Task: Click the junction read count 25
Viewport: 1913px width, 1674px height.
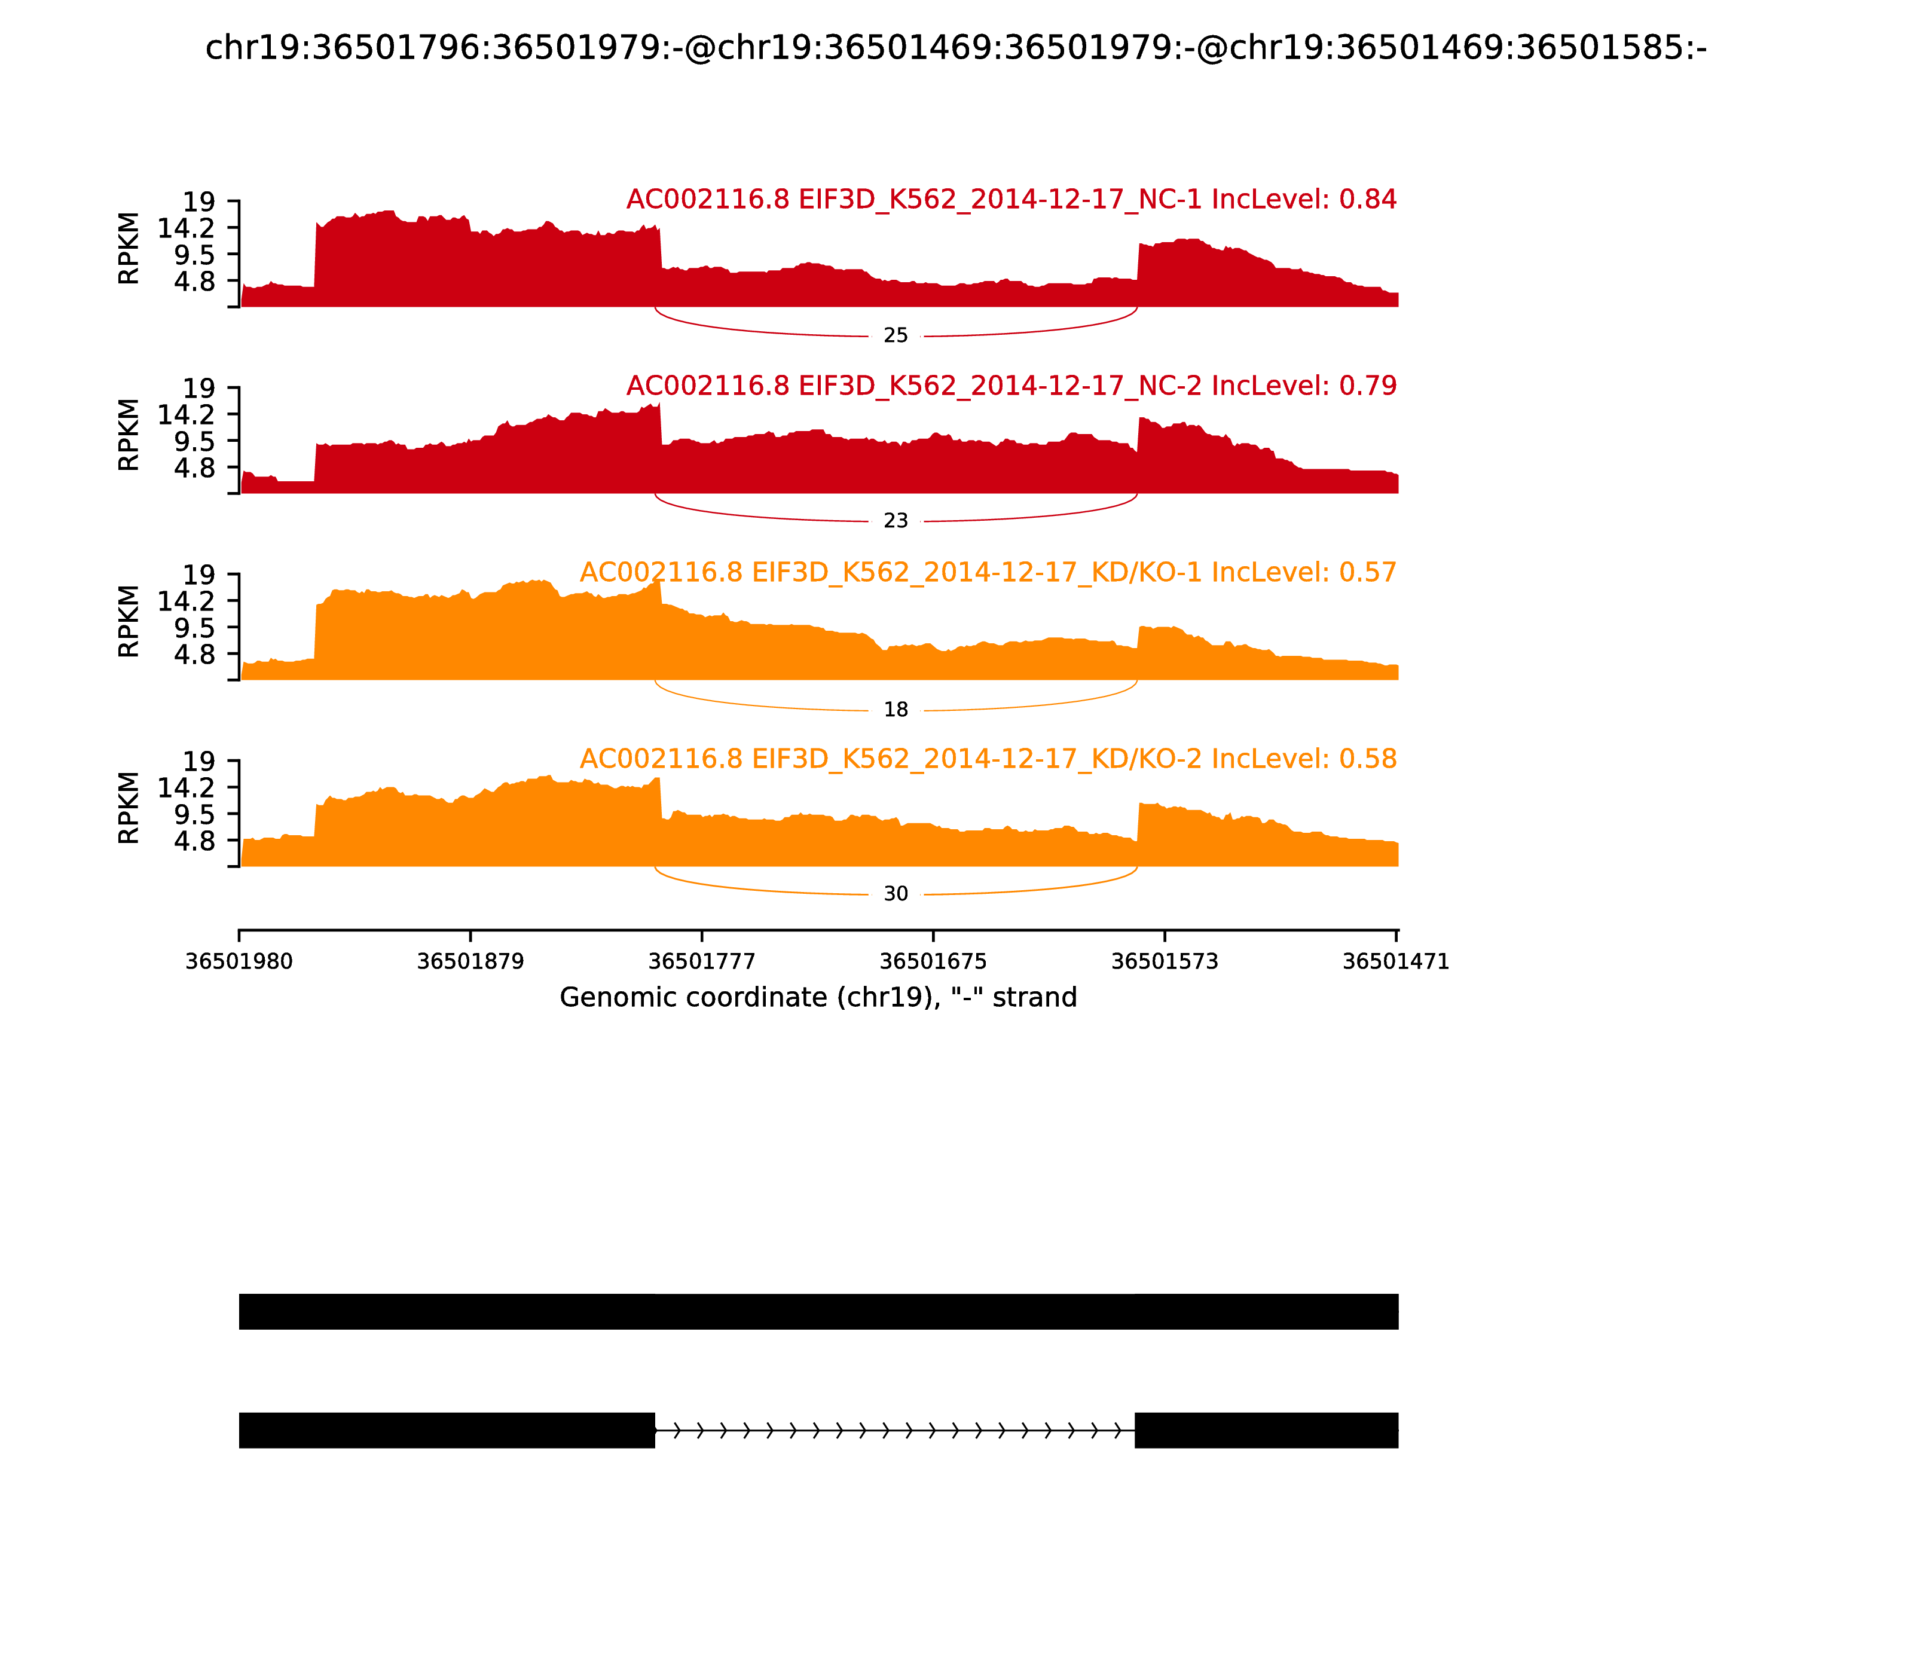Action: [x=895, y=335]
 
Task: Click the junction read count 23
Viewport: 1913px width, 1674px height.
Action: [x=895, y=521]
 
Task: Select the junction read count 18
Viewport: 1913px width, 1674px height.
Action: [x=895, y=710]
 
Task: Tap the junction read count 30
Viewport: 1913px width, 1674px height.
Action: [x=895, y=894]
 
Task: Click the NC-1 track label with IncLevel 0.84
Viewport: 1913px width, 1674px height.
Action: [x=1011, y=199]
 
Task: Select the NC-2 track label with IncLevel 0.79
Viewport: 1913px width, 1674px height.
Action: [x=1011, y=386]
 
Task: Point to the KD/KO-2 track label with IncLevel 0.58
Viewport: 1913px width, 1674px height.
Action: [x=988, y=759]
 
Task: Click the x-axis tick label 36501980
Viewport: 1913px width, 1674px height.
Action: [x=239, y=962]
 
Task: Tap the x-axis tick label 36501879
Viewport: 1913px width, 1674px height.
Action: [x=470, y=962]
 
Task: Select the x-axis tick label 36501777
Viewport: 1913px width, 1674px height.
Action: [x=701, y=962]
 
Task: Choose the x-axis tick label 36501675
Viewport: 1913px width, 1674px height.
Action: [x=933, y=962]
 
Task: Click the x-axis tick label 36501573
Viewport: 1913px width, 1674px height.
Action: [x=1165, y=962]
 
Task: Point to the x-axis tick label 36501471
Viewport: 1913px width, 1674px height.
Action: [x=1395, y=962]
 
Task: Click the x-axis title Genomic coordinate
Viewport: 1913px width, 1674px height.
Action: [x=818, y=998]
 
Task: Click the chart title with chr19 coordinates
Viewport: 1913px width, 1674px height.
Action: [x=955, y=48]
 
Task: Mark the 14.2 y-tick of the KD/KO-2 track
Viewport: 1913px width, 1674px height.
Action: [x=185, y=787]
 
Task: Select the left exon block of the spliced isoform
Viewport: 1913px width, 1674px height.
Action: [x=447, y=1430]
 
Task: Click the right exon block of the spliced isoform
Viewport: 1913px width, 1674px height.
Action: [x=1266, y=1430]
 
